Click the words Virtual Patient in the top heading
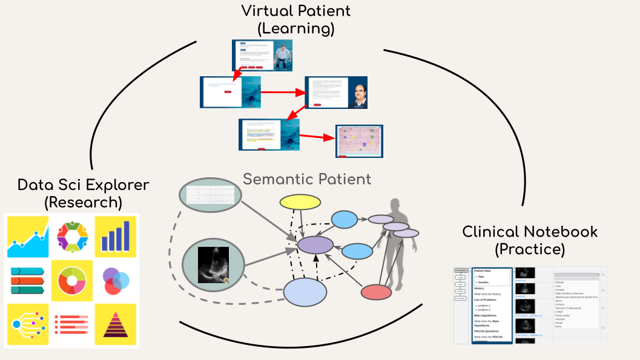coord(295,10)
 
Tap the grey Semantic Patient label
coord(307,179)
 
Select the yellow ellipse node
coord(300,203)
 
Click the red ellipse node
coord(376,292)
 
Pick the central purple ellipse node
coord(315,244)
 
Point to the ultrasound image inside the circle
coord(214,265)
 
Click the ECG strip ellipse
coord(210,194)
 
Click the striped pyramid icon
coord(115,324)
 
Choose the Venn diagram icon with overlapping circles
coord(115,280)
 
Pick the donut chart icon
coord(72,280)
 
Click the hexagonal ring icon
coord(72,236)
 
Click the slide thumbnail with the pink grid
coord(360,142)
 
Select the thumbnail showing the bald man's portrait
coord(336,93)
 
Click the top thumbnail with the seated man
coord(262,55)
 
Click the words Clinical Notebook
coord(530,232)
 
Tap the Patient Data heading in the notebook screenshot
coord(483,271)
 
